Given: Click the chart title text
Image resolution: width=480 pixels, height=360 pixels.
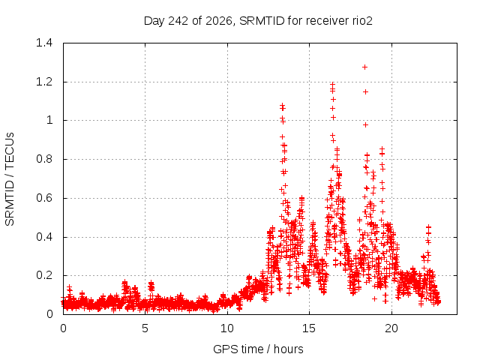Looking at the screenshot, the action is [258, 21].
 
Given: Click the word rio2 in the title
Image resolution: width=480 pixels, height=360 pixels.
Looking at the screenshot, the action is [362, 21].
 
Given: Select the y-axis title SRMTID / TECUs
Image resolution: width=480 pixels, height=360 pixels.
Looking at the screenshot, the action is [10, 179].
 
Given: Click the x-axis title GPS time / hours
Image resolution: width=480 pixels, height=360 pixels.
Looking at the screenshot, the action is [258, 349].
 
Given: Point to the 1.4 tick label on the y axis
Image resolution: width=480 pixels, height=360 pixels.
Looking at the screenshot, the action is [44, 43].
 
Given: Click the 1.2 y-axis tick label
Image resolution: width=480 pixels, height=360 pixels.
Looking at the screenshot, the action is [44, 82].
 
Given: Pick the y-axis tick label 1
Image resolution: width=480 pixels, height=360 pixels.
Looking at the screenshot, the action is [49, 120].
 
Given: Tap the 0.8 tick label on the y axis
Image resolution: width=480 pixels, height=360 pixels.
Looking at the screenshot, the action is [44, 159].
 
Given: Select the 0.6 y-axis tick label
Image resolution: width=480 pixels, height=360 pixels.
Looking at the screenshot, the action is [44, 198].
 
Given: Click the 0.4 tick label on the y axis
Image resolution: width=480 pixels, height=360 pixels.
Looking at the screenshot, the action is [44, 237].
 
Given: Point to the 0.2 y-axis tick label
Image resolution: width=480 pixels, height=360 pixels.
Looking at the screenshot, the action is [44, 275].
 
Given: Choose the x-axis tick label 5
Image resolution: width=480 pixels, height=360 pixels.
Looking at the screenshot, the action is [145, 328].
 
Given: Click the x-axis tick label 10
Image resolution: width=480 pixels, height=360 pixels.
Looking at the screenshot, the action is [227, 328].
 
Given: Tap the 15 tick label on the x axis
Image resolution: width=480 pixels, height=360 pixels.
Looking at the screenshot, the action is [309, 328].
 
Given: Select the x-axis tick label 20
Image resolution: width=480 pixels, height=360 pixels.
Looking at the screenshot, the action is [391, 328].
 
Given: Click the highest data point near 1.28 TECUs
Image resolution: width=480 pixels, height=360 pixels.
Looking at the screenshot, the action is [364, 67].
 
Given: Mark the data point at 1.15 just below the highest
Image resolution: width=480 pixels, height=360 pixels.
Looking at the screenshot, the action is [365, 91].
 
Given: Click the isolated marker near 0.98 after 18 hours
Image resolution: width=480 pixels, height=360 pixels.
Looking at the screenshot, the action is [365, 125].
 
